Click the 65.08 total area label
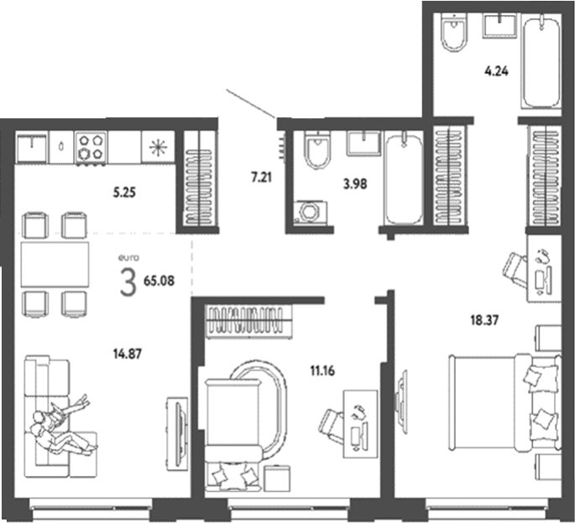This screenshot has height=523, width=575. (x=159, y=281)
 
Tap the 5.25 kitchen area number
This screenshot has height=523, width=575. (x=124, y=192)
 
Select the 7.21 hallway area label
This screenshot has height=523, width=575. (x=261, y=178)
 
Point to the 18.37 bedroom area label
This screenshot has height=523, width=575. (x=484, y=320)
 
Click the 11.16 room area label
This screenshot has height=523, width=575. (x=322, y=371)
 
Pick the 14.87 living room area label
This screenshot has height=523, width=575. (x=128, y=354)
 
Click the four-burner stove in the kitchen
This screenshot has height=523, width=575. (x=91, y=148)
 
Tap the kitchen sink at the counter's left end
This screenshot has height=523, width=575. (x=32, y=148)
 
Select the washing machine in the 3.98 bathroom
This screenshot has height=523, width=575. (x=311, y=212)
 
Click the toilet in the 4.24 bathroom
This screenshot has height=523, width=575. (x=455, y=32)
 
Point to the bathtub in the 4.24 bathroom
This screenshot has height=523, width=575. (x=541, y=61)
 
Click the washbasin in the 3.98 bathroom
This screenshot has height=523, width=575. (x=363, y=143)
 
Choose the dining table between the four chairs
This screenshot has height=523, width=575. (x=55, y=264)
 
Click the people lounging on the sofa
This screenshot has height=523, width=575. (x=61, y=427)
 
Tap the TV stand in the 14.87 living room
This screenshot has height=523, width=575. (x=177, y=434)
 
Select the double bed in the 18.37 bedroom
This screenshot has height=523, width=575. (x=505, y=401)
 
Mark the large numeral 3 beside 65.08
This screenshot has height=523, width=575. (x=128, y=282)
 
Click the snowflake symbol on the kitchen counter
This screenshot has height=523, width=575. (x=158, y=148)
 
